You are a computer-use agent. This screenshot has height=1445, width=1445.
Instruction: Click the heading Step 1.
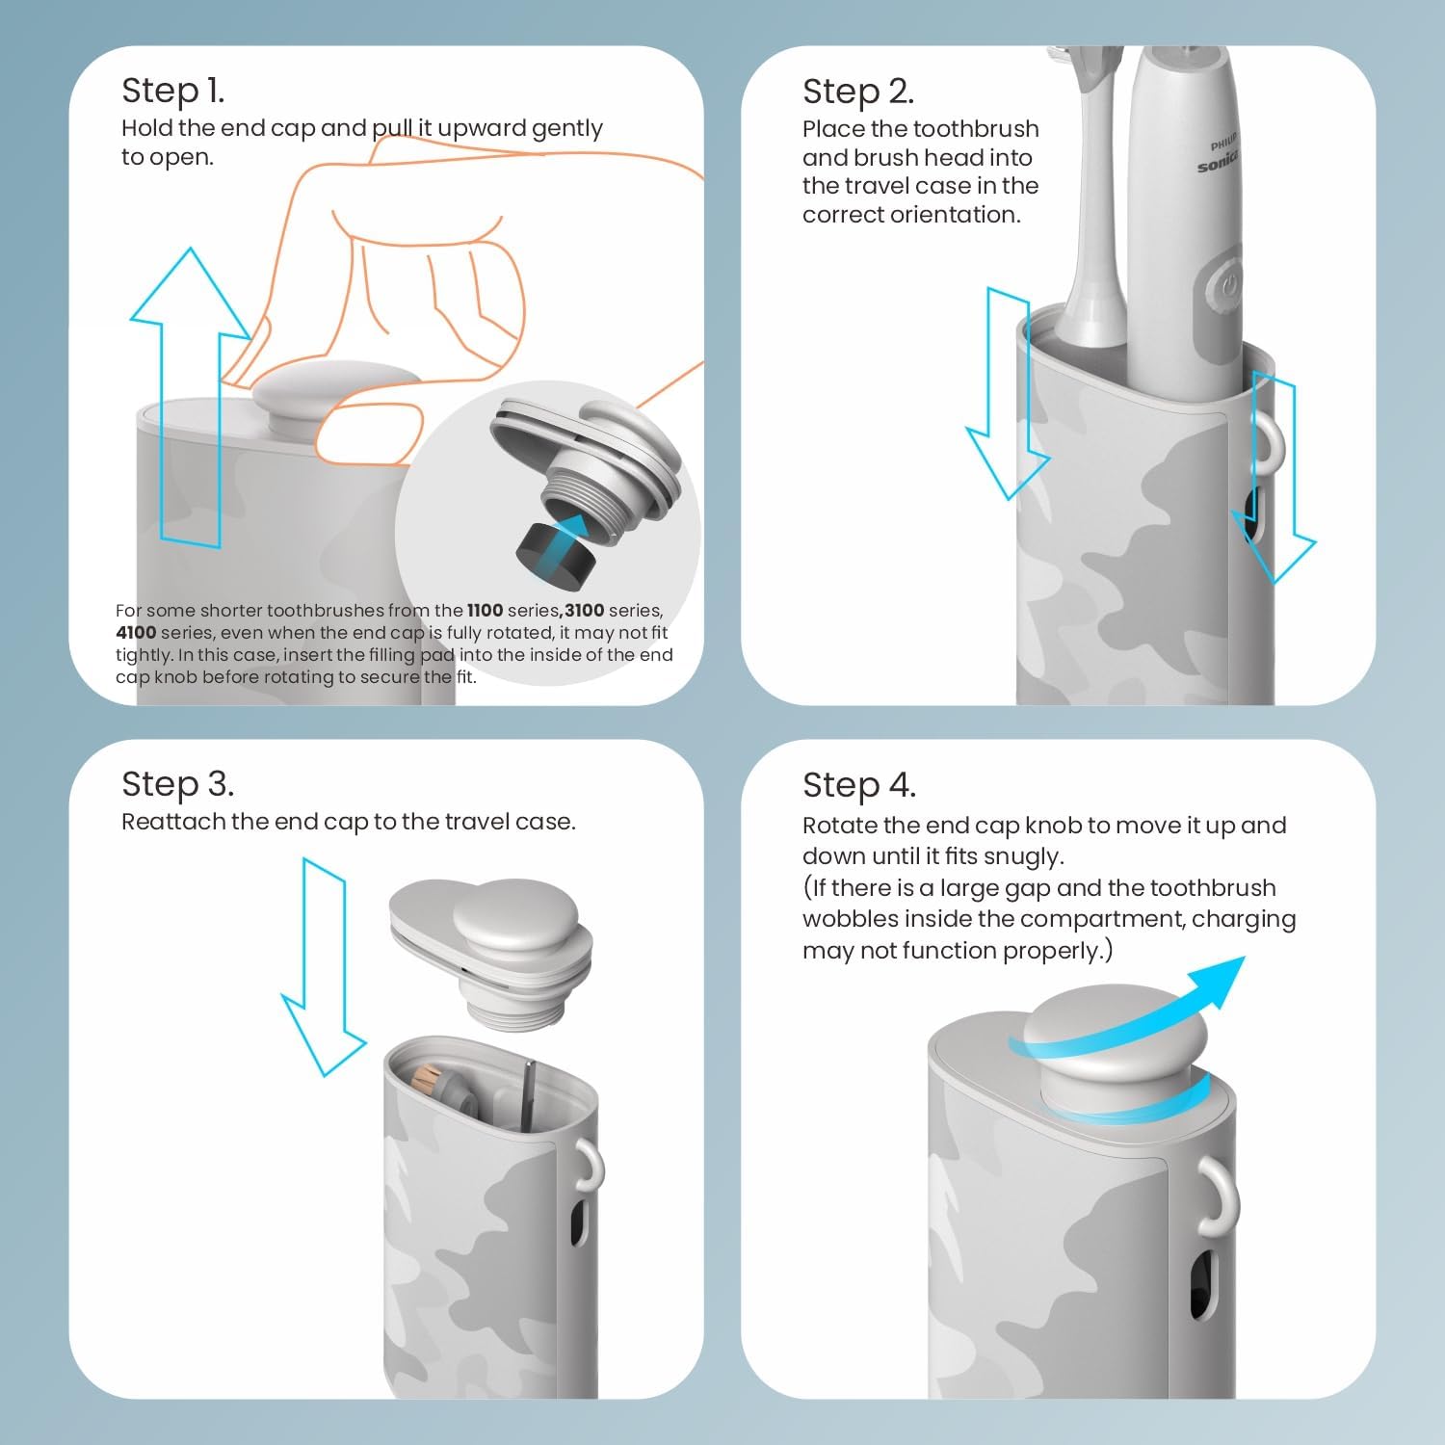(172, 91)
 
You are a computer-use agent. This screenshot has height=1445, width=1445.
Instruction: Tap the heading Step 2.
(857, 92)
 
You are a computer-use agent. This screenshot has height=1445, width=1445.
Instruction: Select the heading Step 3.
(177, 784)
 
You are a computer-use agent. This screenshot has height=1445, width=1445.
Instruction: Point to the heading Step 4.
(858, 785)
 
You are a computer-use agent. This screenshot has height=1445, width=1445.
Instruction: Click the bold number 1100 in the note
(485, 611)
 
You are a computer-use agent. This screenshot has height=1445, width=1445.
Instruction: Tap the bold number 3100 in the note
(585, 611)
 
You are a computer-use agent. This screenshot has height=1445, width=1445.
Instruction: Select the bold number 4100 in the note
(136, 633)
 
